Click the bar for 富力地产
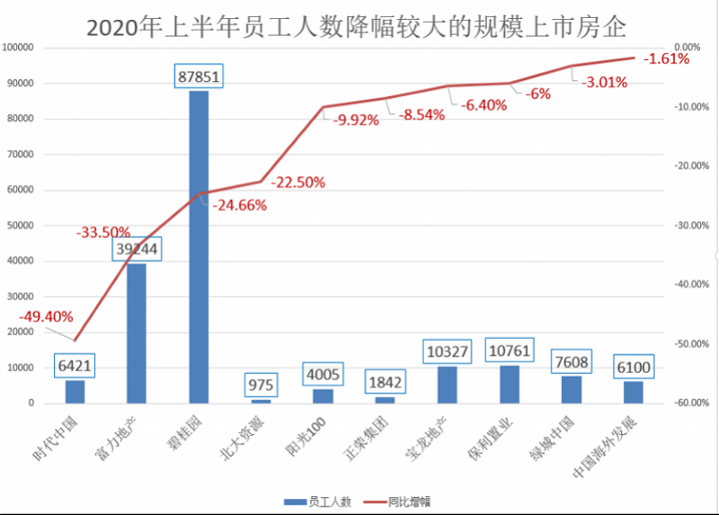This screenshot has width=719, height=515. point(137,333)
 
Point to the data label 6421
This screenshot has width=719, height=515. point(75,367)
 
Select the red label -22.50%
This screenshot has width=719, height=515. point(297,182)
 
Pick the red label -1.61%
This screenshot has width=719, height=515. point(667,59)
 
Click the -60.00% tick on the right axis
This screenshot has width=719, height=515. point(687,404)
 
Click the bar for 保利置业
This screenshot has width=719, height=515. point(509,385)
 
